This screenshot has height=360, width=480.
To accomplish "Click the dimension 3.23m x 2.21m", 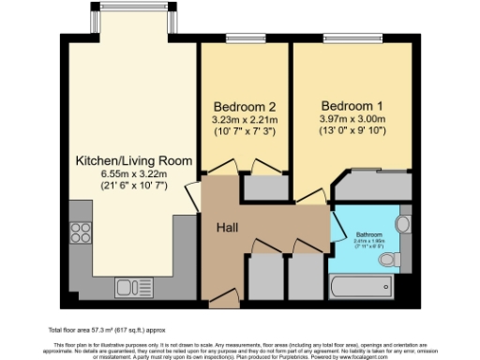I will [x=243, y=119].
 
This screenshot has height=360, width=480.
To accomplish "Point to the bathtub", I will [x=361, y=282].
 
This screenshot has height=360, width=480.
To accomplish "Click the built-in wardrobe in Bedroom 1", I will [x=366, y=187].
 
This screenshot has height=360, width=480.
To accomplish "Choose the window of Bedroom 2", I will [x=246, y=38].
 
